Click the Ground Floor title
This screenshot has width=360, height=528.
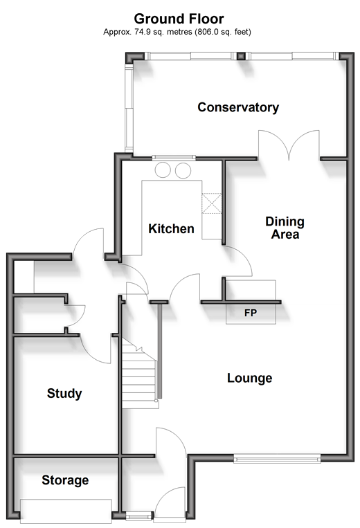coord(179,19)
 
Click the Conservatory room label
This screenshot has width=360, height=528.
coord(238,107)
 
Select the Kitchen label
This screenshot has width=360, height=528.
coord(171,228)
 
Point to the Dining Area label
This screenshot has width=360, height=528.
coord(285,228)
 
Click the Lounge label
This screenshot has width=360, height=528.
coord(249,378)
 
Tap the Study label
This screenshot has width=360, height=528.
coord(64,393)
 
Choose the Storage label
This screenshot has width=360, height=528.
coord(65,480)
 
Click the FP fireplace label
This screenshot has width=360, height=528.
coord(251,313)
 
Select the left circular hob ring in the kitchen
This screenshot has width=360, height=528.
coord(163,170)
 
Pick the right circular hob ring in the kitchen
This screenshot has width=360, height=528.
coord(183,170)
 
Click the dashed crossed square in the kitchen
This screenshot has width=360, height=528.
coord(212,203)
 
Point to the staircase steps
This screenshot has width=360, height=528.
coord(138,374)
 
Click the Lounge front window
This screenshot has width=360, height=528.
coord(277,458)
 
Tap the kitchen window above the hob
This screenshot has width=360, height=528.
coord(174,157)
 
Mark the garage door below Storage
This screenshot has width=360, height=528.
coord(66,511)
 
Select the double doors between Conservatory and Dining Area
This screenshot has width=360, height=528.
coord(289,145)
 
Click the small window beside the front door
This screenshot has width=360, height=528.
coord(138,516)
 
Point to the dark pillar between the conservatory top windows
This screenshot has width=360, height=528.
coord(241,56)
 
